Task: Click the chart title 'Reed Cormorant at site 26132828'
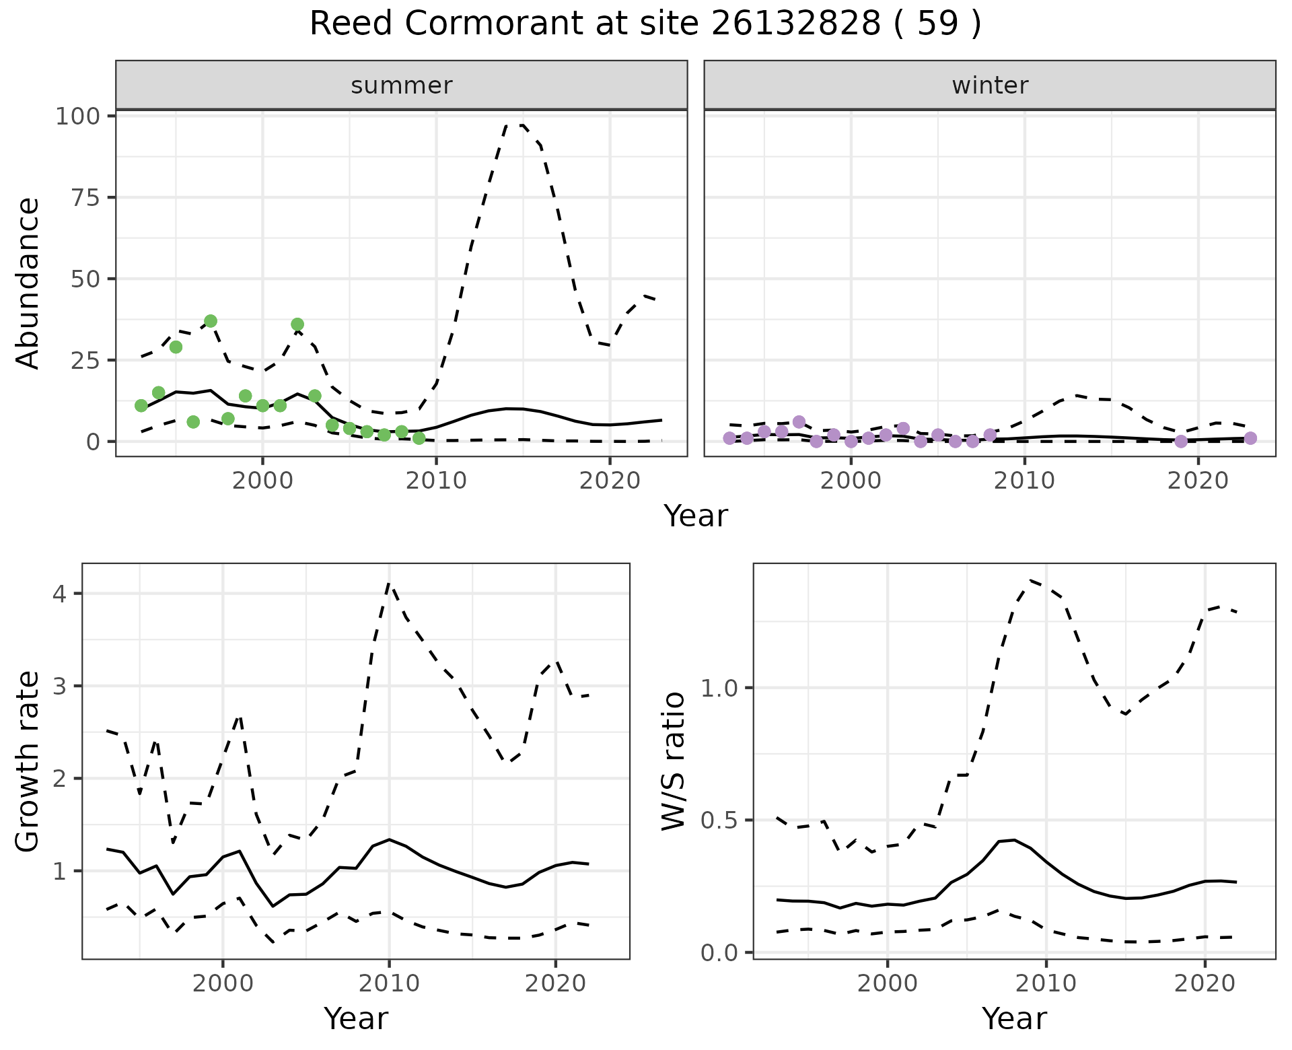pyautogui.click(x=645, y=24)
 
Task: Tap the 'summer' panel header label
pyautogui.click(x=402, y=85)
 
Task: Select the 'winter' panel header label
pyautogui.click(x=990, y=85)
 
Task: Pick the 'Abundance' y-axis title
pyautogui.click(x=28, y=283)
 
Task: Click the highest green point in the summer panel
pyautogui.click(x=211, y=321)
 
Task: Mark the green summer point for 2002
pyautogui.click(x=297, y=324)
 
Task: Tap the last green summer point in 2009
pyautogui.click(x=419, y=438)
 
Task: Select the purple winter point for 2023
pyautogui.click(x=1250, y=438)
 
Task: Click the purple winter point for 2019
pyautogui.click(x=1181, y=442)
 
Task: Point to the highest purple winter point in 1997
pyautogui.click(x=799, y=422)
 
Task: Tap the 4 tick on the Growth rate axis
pyautogui.click(x=62, y=594)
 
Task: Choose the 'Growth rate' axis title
pyautogui.click(x=28, y=761)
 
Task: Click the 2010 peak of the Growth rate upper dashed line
pyautogui.click(x=389, y=584)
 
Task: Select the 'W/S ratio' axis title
pyautogui.click(x=673, y=761)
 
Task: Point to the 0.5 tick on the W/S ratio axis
pyautogui.click(x=720, y=820)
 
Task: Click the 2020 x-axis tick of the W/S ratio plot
pyautogui.click(x=1205, y=983)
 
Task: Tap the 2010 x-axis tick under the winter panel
pyautogui.click(x=1024, y=481)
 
